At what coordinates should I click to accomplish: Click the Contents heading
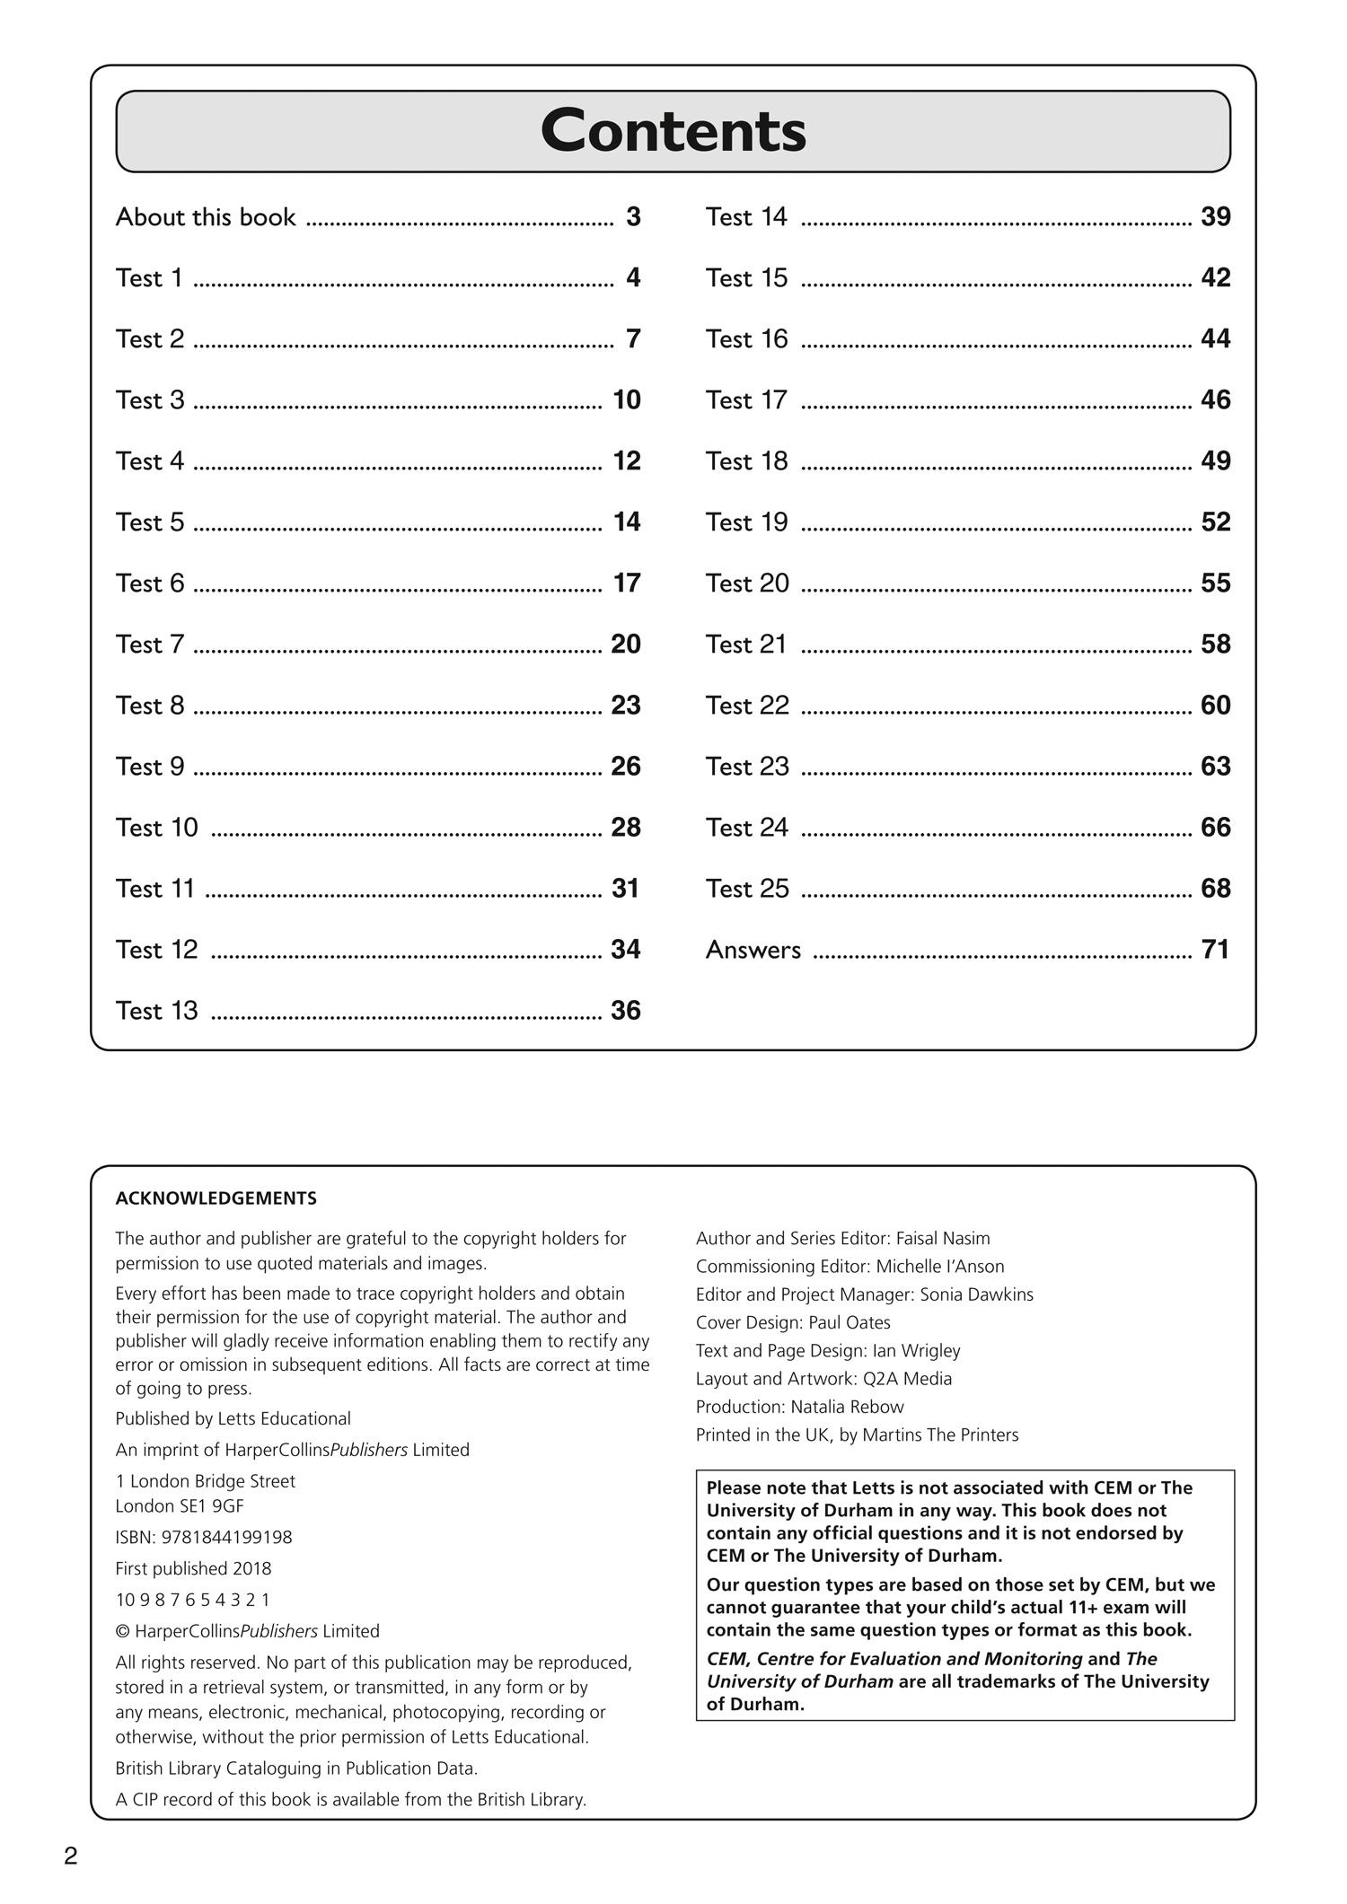673,131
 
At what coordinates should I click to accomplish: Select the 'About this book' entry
206,217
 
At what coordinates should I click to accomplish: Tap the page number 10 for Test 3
626,400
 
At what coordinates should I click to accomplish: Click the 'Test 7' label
149,645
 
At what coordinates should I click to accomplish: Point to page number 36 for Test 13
626,1011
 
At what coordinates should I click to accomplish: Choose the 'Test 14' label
746,217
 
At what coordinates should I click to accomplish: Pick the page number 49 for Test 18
1215,461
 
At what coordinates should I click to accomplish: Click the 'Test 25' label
747,889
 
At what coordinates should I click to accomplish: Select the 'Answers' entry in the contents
753,950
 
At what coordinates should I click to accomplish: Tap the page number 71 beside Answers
1215,950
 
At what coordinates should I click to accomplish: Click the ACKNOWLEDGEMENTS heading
216,1198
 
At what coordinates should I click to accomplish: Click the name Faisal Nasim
943,1239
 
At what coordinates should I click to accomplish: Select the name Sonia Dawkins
976,1294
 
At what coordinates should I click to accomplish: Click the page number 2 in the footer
71,1856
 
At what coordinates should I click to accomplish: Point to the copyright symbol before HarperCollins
122,1631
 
